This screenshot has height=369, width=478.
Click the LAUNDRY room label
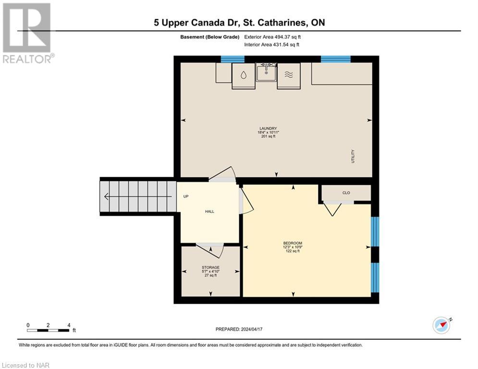coord(269,129)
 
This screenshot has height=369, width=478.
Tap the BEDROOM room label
coord(293,243)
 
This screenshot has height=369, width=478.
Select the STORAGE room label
coord(210,268)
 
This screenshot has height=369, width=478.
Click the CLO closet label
coord(346,193)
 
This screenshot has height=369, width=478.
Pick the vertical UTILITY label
coord(353,157)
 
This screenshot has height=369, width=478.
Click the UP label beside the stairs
coord(185,197)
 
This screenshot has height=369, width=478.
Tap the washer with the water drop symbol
coord(244,75)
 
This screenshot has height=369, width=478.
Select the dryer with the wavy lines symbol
coord(289,75)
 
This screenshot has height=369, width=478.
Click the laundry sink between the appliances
coord(266,73)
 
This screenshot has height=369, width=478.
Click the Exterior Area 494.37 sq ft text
coord(272,37)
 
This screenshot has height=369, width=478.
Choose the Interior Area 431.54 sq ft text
coord(272,45)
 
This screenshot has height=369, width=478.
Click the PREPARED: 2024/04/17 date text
coord(239,329)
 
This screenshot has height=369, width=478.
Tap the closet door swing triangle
coord(332,209)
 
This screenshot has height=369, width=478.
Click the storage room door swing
coord(211,251)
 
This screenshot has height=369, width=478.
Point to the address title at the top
coord(239,23)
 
